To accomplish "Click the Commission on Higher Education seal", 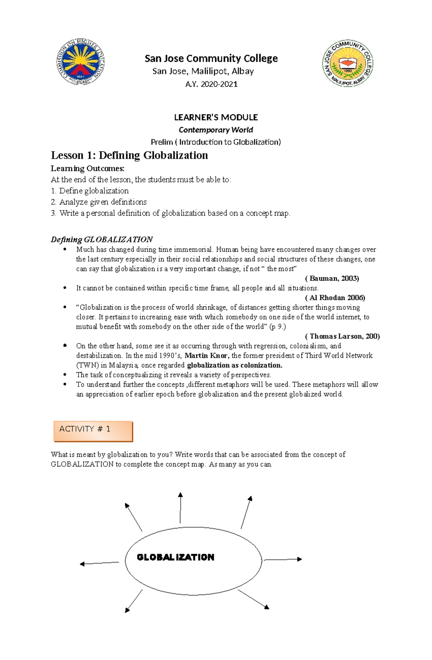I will [81, 62].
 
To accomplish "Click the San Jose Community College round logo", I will [347, 63].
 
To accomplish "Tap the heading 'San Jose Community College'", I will [211, 58].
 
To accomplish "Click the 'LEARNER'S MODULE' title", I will [216, 117].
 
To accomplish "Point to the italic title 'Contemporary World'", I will [216, 130].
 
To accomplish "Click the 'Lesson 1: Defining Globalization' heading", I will [129, 155].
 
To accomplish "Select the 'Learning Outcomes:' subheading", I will [87, 168].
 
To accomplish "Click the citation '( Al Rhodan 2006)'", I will [335, 298].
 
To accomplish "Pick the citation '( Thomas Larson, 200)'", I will [342, 336].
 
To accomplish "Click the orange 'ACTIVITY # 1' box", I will [93, 431].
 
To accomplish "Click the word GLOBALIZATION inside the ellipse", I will [175, 557].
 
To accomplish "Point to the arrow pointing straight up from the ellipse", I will [180, 507].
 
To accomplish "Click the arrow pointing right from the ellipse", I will [283, 559].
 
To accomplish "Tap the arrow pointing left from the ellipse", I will [99, 563].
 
